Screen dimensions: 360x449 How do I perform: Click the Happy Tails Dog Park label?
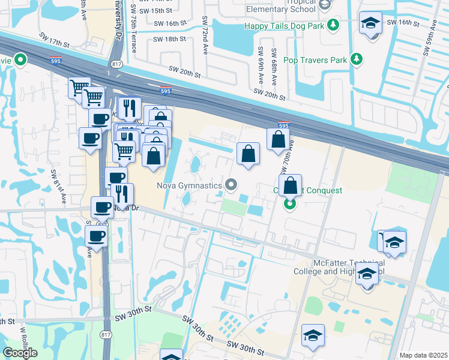(284, 26)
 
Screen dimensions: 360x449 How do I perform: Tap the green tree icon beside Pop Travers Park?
(357, 59)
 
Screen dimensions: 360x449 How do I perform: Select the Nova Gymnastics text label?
(189, 185)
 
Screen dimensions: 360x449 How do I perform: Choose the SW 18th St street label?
(169, 39)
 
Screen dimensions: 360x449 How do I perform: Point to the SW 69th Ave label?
(260, 66)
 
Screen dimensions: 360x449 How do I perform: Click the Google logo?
(20, 353)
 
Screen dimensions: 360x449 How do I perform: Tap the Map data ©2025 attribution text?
(423, 355)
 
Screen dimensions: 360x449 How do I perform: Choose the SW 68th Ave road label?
(273, 66)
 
